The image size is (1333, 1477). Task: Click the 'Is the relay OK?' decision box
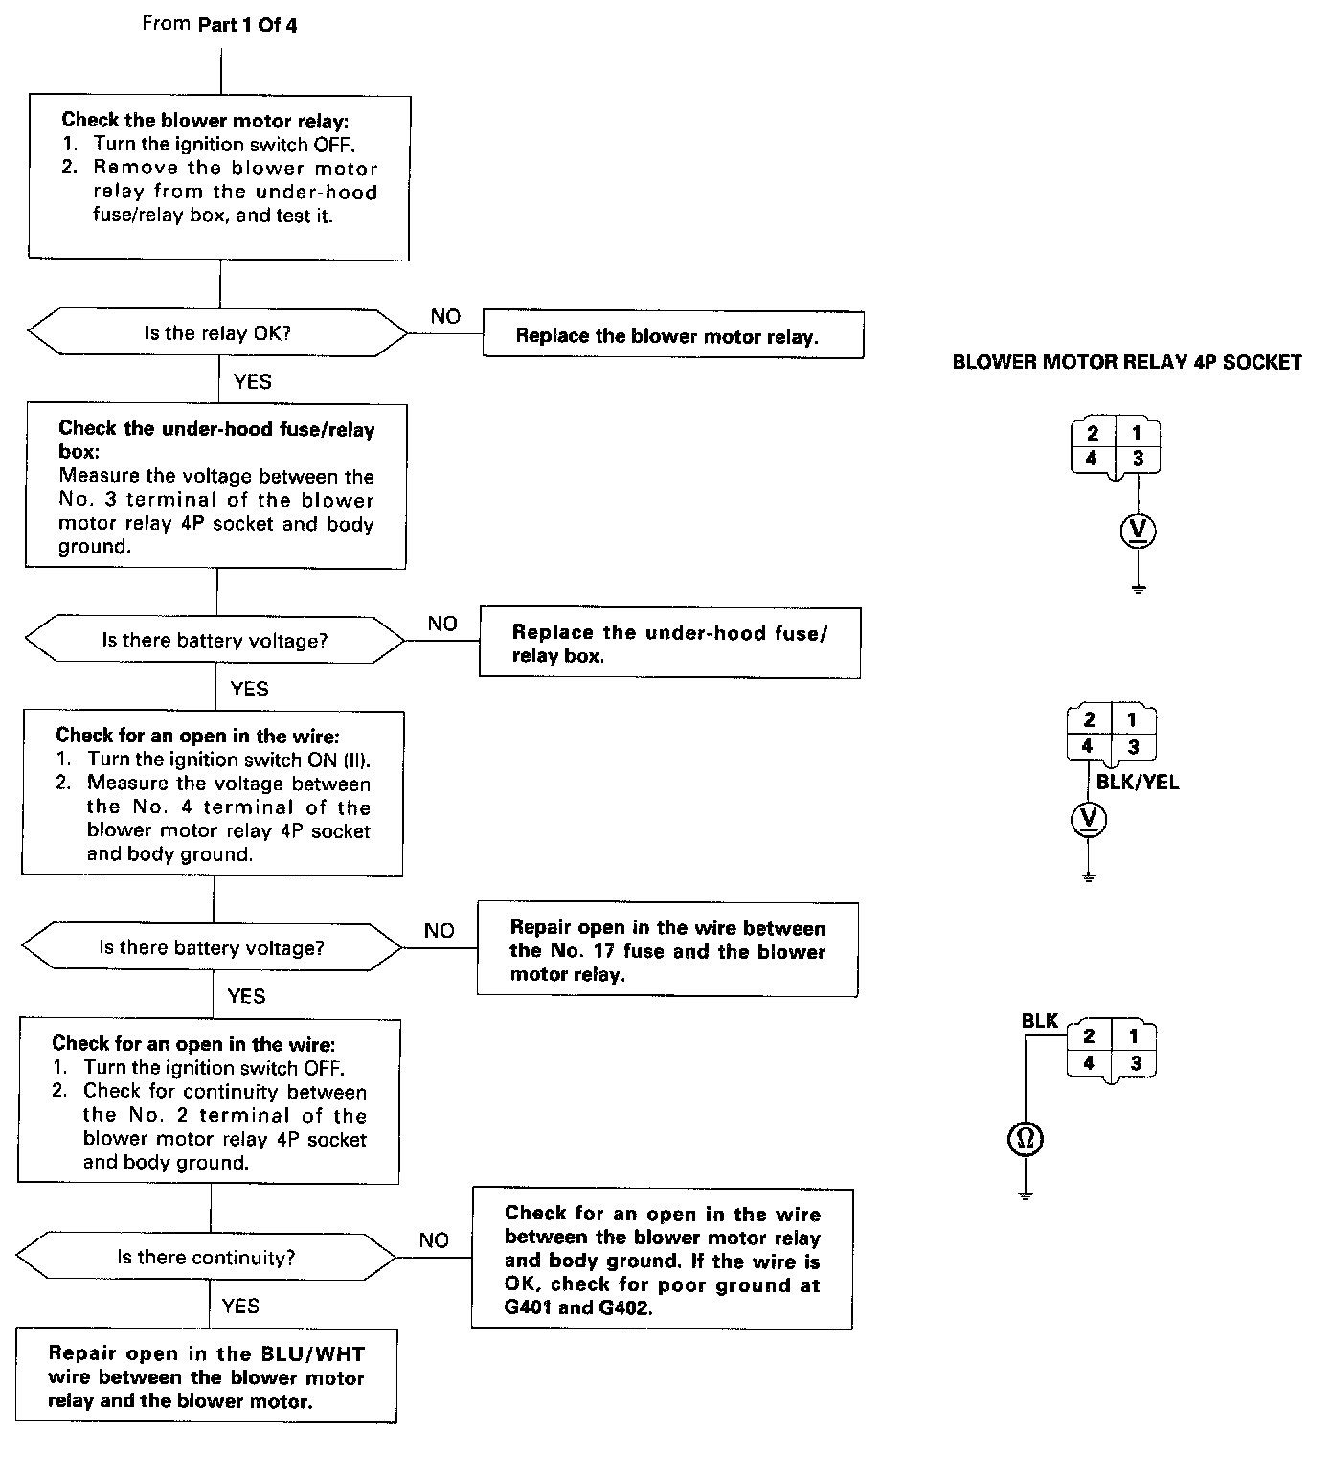pos(217,333)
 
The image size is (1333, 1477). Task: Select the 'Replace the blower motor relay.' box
pos(672,335)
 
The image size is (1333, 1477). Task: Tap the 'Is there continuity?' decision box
pos(206,1257)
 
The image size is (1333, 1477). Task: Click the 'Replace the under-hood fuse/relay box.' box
pos(669,643)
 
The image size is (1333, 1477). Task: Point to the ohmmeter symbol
pos(1026,1139)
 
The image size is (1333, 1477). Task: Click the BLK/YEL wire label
pos(1138,783)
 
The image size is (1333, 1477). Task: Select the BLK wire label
pos(1039,1021)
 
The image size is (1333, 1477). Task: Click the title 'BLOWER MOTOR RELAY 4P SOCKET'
pos(1127,362)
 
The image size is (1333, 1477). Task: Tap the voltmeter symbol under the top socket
pos(1138,531)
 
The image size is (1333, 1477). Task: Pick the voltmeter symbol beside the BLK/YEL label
pos(1088,818)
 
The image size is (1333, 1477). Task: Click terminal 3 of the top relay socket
pos(1138,459)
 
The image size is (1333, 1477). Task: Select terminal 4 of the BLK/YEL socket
pos(1088,747)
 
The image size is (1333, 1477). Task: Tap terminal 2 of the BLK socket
pos(1089,1035)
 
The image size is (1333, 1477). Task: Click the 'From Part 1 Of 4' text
pos(219,24)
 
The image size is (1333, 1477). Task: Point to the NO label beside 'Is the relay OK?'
pos(445,317)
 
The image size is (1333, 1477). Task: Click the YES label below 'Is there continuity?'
pos(240,1306)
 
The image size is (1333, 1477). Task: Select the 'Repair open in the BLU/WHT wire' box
pos(206,1376)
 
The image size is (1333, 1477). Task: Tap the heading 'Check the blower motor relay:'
pos(206,120)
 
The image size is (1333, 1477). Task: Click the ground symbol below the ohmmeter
pos(1026,1193)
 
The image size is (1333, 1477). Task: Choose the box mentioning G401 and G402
pos(662,1260)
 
